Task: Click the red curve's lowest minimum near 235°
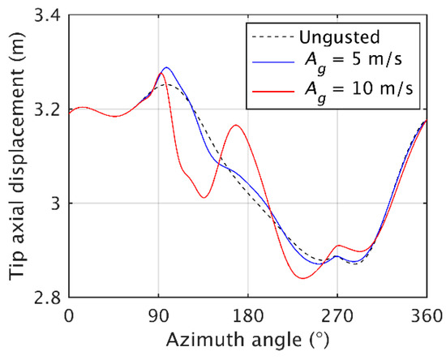pyautogui.click(x=302, y=278)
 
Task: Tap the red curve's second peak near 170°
pyautogui.click(x=235, y=125)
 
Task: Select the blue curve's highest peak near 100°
pyautogui.click(x=166, y=68)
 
